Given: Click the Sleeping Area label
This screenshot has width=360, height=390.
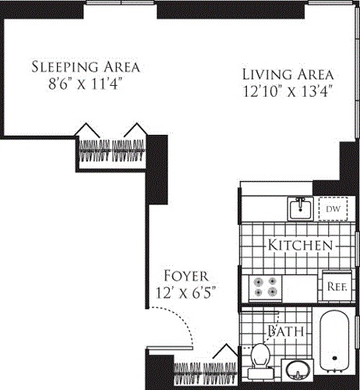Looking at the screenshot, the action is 86,67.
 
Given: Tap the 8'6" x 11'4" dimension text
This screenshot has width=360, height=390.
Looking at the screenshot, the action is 85,84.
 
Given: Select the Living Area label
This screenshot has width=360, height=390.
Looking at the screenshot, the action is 288,75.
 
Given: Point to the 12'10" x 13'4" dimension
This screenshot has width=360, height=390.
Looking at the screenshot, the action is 288,91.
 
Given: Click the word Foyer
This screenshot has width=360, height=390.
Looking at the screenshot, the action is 186,276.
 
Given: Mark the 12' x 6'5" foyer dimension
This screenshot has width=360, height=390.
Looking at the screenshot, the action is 185,292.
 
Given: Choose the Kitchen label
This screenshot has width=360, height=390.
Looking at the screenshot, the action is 300,245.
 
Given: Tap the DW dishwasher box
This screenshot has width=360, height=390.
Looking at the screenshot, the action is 333,209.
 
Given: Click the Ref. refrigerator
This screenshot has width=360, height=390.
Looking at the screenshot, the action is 337,286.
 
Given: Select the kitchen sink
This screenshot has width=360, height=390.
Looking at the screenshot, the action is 300,209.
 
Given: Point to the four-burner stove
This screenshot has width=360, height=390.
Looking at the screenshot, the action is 265,288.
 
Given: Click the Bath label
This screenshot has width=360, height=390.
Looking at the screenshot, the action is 286,331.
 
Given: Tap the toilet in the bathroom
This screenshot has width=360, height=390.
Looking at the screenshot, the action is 260,361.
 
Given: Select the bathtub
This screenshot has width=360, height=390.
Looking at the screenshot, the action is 334,341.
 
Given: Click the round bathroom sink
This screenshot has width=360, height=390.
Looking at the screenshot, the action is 298,370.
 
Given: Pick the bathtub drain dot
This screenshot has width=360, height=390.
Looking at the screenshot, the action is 334,358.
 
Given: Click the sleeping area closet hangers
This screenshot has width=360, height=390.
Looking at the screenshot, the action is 111,151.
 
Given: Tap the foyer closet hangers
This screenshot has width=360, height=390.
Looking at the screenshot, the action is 205,373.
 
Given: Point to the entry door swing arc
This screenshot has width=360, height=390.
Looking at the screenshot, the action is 182,317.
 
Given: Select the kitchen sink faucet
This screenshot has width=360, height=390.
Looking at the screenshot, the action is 301,201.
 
